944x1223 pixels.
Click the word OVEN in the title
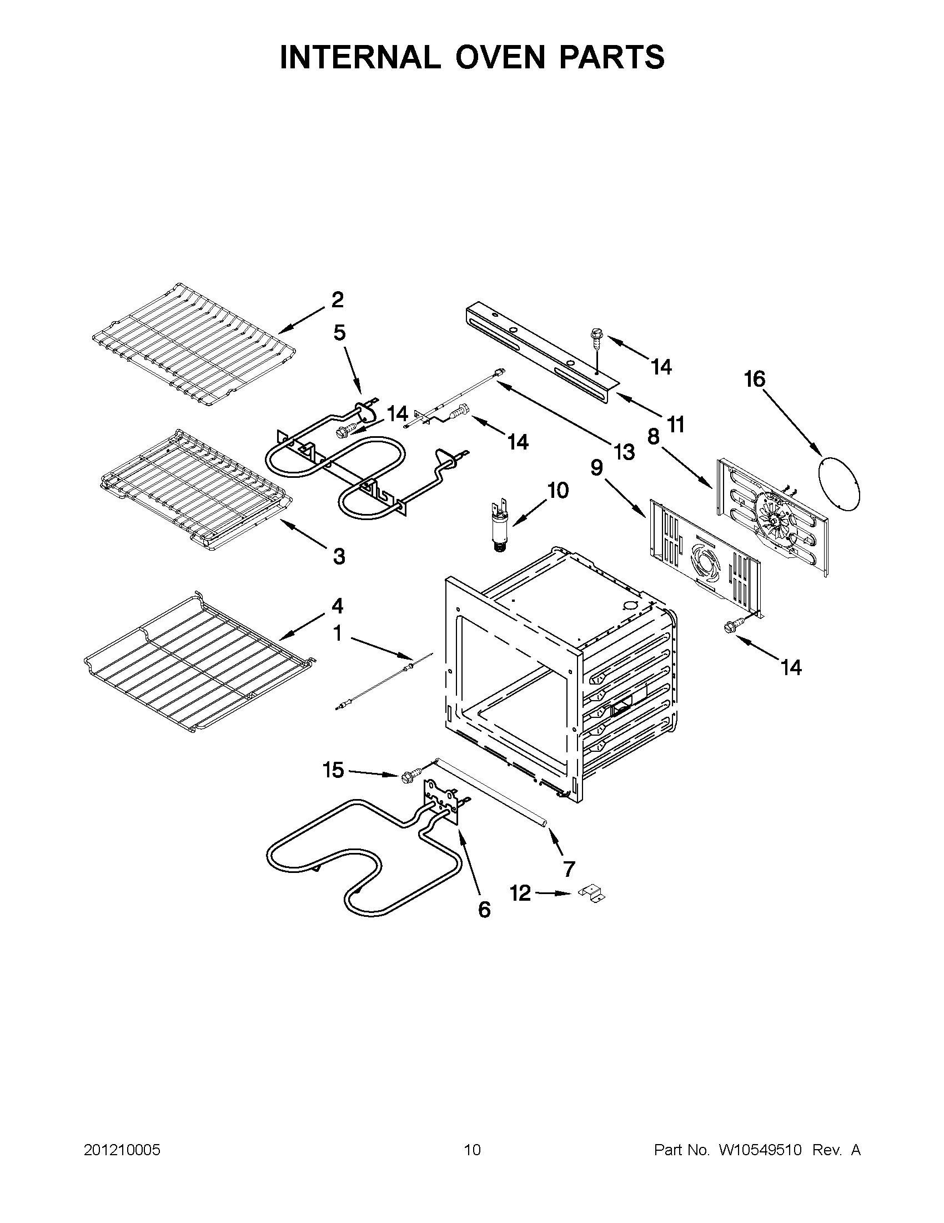pyautogui.click(x=491, y=57)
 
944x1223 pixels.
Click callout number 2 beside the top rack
pyautogui.click(x=337, y=301)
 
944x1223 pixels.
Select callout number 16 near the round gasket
pyautogui.click(x=754, y=379)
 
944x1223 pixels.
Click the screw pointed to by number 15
pyautogui.click(x=408, y=776)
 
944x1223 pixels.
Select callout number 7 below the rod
pyautogui.click(x=569, y=868)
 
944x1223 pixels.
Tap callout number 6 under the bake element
pyautogui.click(x=484, y=910)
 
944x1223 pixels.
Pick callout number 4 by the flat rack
pyautogui.click(x=337, y=606)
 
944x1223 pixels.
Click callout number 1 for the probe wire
pyautogui.click(x=337, y=634)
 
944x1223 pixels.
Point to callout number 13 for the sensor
pyautogui.click(x=624, y=451)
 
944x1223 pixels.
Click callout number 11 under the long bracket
pyautogui.click(x=676, y=425)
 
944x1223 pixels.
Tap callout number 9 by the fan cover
pyautogui.click(x=596, y=467)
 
